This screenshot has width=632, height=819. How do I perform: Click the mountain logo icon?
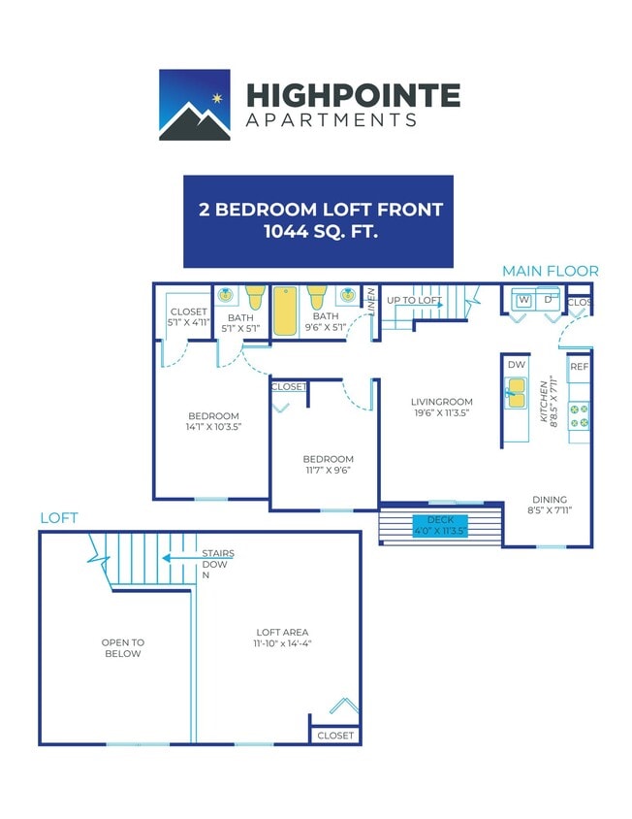tap(194, 105)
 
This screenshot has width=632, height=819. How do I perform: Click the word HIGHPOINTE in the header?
tap(353, 95)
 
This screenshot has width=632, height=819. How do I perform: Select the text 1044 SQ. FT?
tap(318, 232)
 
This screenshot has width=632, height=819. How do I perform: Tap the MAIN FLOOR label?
tap(550, 271)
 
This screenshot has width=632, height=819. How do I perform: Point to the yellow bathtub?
tap(286, 311)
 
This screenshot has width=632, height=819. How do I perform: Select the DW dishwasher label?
tap(516, 364)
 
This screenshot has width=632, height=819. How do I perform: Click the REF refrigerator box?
tap(580, 367)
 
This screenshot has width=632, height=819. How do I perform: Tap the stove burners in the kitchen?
tap(580, 414)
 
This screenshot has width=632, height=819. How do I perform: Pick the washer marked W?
tap(524, 300)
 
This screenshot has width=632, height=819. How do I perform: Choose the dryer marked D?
tap(549, 300)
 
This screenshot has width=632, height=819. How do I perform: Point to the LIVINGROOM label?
tap(441, 402)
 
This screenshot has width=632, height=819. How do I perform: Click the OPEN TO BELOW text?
tap(122, 647)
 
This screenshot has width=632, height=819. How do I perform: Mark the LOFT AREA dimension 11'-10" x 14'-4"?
tap(282, 642)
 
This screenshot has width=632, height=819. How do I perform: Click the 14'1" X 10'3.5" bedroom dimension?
tap(212, 425)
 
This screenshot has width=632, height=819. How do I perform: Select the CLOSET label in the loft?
tap(335, 736)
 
